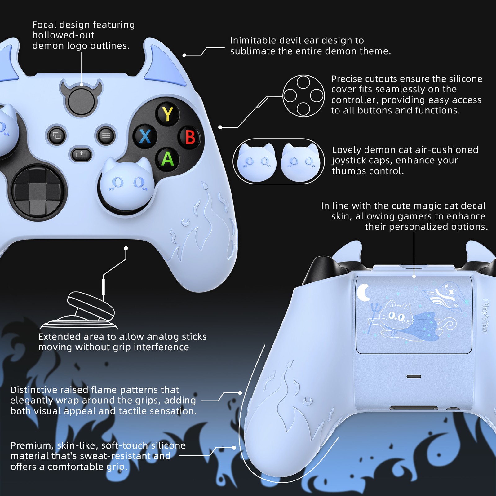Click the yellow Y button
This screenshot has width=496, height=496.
168,114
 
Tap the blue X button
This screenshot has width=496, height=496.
145,136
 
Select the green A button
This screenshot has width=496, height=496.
167,159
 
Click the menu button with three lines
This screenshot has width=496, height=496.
106,135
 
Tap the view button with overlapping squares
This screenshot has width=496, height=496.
56,135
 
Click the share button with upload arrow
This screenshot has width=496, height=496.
81,154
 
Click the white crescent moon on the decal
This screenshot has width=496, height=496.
363,292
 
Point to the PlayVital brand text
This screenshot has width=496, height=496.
485,316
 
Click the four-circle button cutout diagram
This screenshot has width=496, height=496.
303,96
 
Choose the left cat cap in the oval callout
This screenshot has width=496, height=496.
257,162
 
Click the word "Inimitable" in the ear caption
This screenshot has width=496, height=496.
253,40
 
